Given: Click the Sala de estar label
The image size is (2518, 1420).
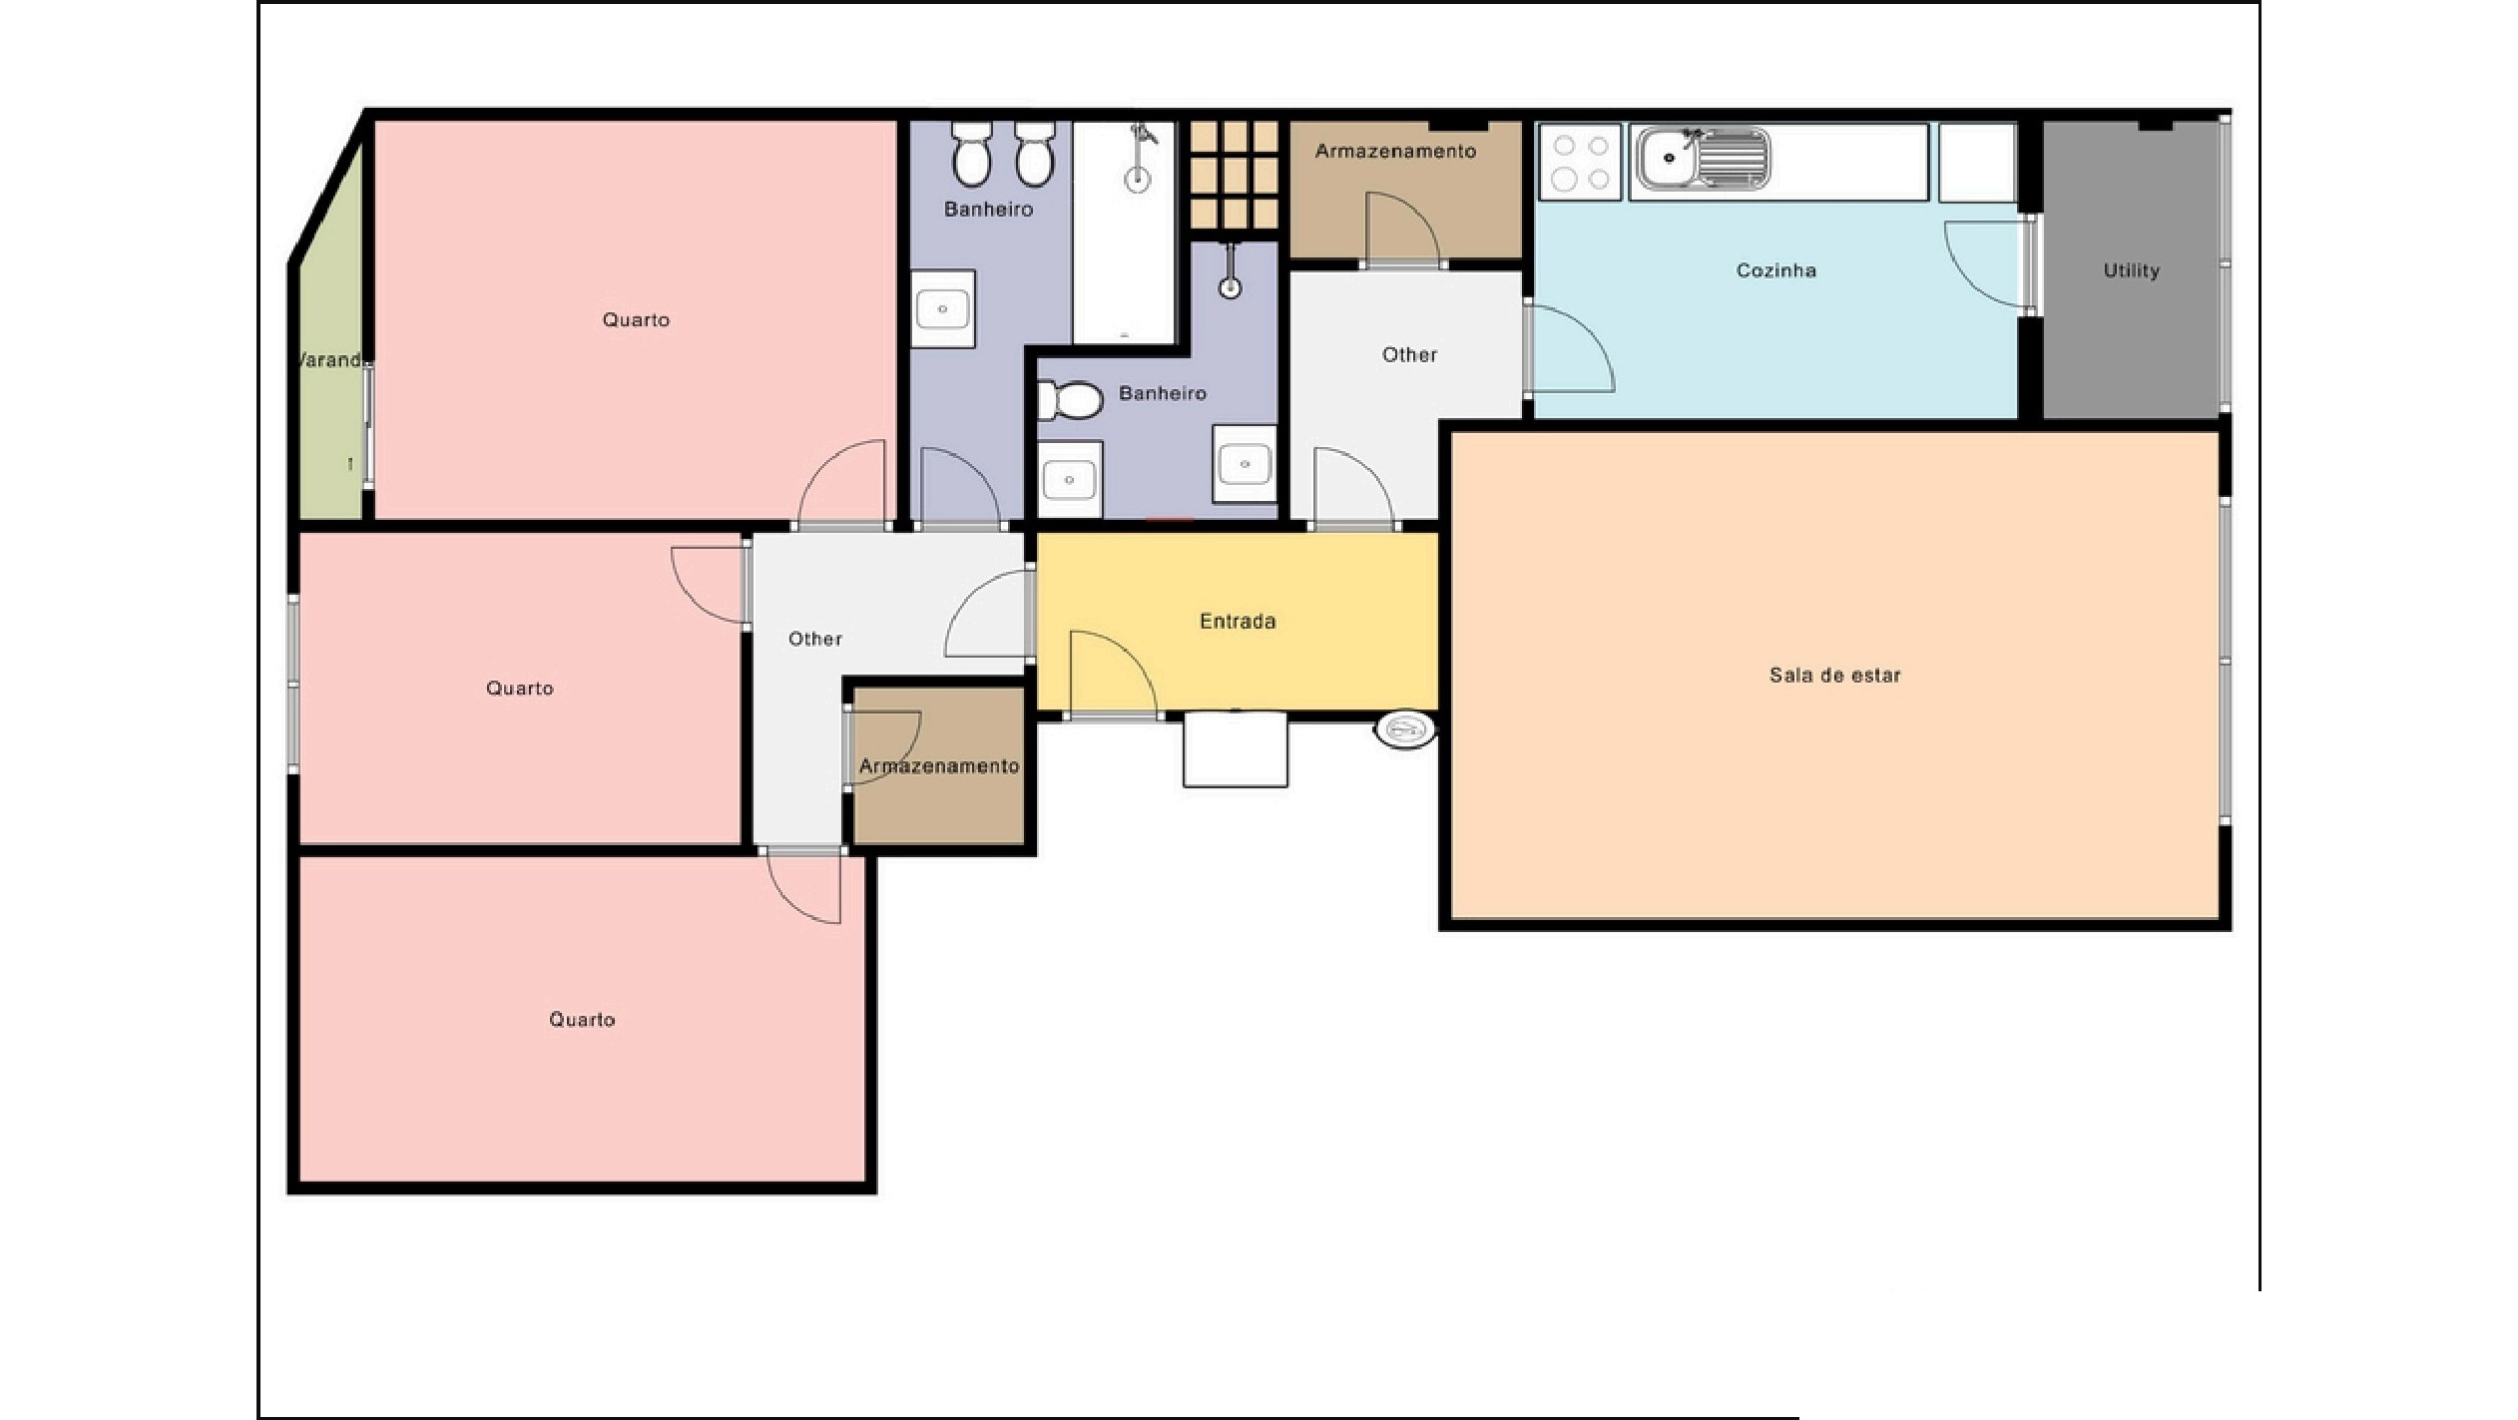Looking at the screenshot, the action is click(x=1834, y=676).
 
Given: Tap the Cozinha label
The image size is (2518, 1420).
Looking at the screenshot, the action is click(x=1775, y=270).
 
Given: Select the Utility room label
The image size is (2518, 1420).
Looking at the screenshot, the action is click(x=2131, y=270).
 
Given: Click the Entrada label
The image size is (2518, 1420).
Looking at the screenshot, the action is click(x=1238, y=622).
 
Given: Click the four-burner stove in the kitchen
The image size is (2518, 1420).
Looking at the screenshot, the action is click(x=1581, y=162).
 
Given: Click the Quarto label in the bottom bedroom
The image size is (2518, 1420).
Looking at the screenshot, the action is click(x=582, y=1020).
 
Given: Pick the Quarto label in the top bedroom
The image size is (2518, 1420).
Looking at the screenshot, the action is click(x=636, y=320).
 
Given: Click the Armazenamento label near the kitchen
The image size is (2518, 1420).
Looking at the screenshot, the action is click(x=1395, y=152).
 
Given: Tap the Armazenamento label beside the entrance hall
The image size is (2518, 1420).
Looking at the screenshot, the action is click(x=939, y=766).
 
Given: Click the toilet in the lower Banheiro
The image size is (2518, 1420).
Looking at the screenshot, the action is click(x=1070, y=400).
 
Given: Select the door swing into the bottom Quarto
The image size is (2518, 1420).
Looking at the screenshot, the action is click(x=802, y=887).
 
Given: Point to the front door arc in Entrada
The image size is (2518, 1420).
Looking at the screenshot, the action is click(x=1114, y=673).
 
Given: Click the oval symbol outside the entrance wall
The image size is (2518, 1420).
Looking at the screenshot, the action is click(x=1405, y=730).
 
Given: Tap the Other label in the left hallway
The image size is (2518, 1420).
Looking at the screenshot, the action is click(x=815, y=639).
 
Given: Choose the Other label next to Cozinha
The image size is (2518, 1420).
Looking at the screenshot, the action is click(x=1409, y=355).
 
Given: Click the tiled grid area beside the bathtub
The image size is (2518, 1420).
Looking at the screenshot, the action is click(x=1234, y=176).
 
